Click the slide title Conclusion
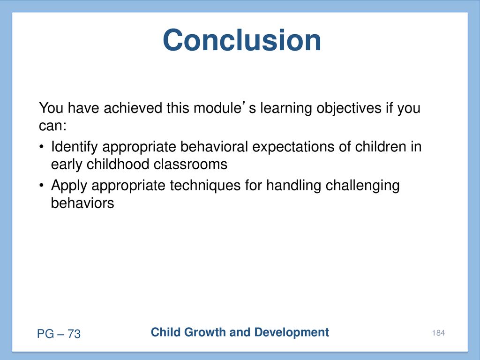tap(242, 40)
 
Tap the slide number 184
tap(438, 333)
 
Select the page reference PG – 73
tap(59, 334)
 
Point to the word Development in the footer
tap(292, 332)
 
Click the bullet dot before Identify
tap(42, 146)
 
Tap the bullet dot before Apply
tap(42, 185)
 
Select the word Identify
tap(74, 147)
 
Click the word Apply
tap(69, 186)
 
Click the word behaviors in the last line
tap(82, 202)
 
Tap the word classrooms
tap(190, 164)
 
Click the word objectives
tap(349, 108)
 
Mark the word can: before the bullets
tap(52, 126)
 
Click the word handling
tap(293, 186)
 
